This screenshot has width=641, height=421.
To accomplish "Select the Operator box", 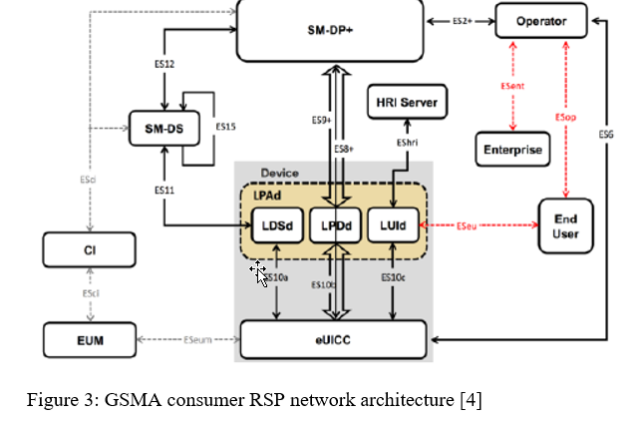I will (540, 21).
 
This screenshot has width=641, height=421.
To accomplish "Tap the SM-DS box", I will (159, 127).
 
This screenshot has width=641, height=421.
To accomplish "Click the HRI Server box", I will (406, 101).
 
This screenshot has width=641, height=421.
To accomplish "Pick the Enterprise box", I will (512, 150).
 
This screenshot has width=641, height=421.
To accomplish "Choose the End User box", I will (565, 225).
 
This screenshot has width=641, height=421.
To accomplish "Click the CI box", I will (88, 249).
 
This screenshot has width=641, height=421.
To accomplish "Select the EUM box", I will (89, 340).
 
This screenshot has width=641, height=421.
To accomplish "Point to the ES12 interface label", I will (165, 64).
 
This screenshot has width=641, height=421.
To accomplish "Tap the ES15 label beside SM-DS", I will (226, 127).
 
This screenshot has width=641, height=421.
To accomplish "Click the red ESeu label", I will (467, 225).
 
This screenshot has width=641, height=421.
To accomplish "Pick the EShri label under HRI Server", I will (406, 144).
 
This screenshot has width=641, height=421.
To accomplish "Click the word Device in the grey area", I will (279, 173).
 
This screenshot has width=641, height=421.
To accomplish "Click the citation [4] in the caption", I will (472, 401).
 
